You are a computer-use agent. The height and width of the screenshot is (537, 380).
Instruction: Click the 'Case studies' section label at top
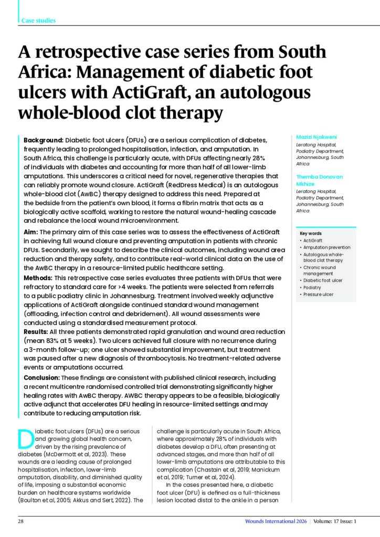pos(38,20)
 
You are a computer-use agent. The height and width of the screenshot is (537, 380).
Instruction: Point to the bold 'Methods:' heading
pos(39,277)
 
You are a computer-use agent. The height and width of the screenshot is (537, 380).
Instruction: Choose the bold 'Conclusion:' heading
pos(42,378)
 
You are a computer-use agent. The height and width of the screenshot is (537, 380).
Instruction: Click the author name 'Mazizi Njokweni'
pos(316,137)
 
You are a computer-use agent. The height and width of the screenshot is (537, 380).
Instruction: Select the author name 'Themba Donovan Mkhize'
pos(321,180)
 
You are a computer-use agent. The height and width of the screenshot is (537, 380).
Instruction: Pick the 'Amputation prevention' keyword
pos(326,248)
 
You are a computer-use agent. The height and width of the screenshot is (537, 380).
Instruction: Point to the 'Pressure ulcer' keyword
pos(319,294)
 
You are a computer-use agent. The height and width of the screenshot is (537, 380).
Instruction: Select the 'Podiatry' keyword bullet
pos(312,287)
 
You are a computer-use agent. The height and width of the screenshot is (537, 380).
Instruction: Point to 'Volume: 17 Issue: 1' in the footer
pos(336,521)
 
